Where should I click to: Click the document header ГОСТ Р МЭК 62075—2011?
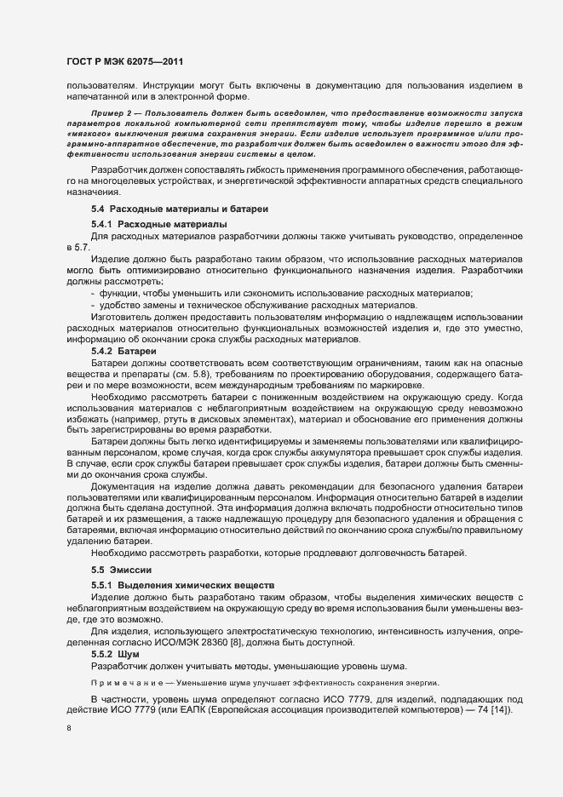point(125,62)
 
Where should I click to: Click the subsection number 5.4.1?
point(103,223)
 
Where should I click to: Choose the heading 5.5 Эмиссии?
point(124,568)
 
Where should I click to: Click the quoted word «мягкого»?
point(86,134)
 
